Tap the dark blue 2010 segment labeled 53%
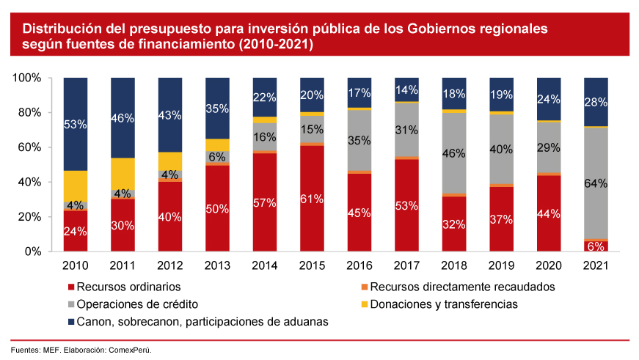click(x=76, y=125)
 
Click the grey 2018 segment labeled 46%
click(x=454, y=153)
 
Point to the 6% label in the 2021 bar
click(x=596, y=246)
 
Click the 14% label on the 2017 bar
click(x=407, y=90)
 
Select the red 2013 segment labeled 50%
click(x=218, y=208)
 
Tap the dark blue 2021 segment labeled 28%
click(x=596, y=101)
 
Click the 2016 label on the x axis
click(x=359, y=265)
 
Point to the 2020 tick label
click(x=548, y=265)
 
